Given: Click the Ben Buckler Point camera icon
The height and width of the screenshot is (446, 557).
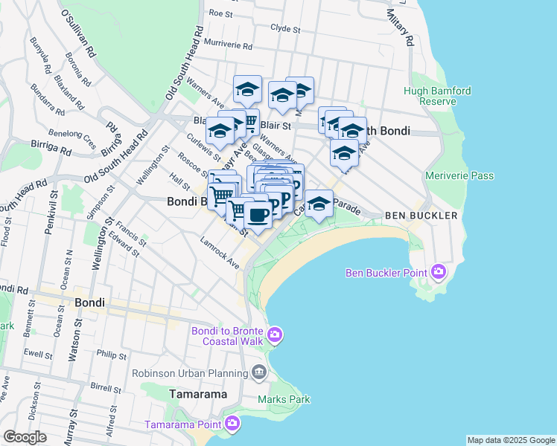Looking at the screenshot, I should coord(437,272).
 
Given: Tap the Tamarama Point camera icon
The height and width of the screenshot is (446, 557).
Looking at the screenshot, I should coord(232,424).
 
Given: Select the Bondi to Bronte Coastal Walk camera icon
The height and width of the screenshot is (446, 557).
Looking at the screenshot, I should coord(275,335).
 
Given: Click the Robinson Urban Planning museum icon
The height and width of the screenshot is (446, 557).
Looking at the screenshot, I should coord(258,371).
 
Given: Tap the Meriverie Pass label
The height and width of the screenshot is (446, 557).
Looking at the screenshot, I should coord(459,175).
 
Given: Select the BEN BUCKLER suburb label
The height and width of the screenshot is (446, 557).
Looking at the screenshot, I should coord(421,216).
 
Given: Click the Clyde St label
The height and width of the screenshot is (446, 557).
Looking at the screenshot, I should coord(285,29).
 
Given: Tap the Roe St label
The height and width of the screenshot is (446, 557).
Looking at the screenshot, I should coord(221,13).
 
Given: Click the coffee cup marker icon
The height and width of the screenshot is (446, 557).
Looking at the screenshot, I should coord(258,214).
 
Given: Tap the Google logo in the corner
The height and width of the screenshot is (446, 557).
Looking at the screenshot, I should coord(25,437).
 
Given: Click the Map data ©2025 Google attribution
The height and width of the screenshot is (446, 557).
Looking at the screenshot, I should coord(511,440).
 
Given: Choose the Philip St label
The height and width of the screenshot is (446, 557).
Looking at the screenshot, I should coord(112,356).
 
